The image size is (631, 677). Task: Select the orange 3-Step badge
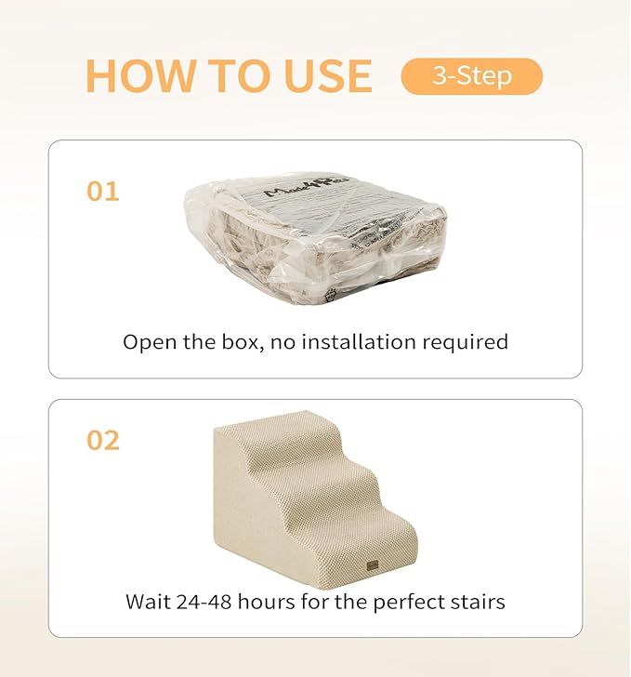471,76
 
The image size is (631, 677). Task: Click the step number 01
103,192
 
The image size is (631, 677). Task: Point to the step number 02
103,440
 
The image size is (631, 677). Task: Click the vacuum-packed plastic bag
315,240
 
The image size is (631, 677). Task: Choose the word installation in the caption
358,342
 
